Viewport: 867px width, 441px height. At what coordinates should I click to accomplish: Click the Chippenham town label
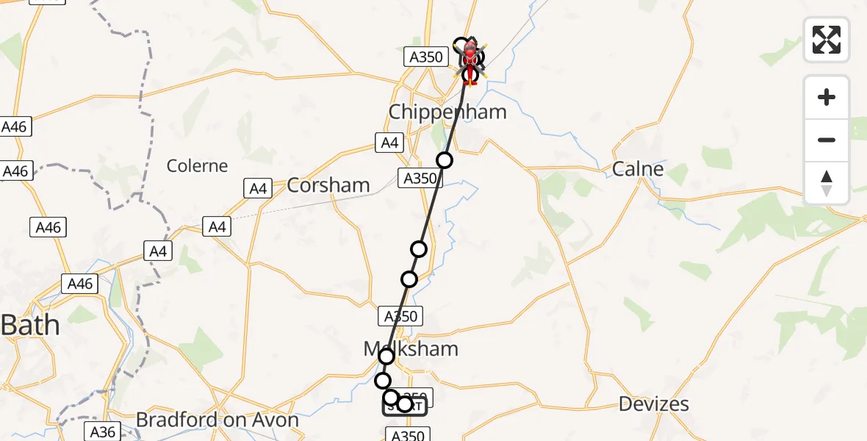[447, 112]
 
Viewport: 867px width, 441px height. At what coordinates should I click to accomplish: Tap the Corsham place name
[328, 185]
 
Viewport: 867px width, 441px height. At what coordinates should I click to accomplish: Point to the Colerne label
[197, 165]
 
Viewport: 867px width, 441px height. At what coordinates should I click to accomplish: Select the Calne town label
[638, 169]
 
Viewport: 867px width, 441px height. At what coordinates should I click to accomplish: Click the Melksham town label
[411, 348]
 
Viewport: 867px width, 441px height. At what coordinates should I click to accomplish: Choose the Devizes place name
[653, 404]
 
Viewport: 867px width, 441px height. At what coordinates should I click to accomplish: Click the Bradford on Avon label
[217, 420]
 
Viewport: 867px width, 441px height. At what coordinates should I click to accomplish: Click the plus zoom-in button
[827, 97]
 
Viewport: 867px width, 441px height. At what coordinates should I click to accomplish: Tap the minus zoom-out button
[827, 140]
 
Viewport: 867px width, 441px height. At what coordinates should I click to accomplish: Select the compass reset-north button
[827, 183]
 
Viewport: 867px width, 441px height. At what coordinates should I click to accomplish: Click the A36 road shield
[102, 431]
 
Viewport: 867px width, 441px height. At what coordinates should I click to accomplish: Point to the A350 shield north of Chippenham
[426, 57]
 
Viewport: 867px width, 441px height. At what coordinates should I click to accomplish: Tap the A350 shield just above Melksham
[400, 317]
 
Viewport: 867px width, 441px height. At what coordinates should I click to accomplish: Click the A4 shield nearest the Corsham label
[258, 189]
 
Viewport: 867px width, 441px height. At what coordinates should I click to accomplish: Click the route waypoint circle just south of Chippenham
[445, 160]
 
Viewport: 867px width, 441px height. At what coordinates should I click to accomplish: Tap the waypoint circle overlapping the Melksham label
[386, 356]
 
